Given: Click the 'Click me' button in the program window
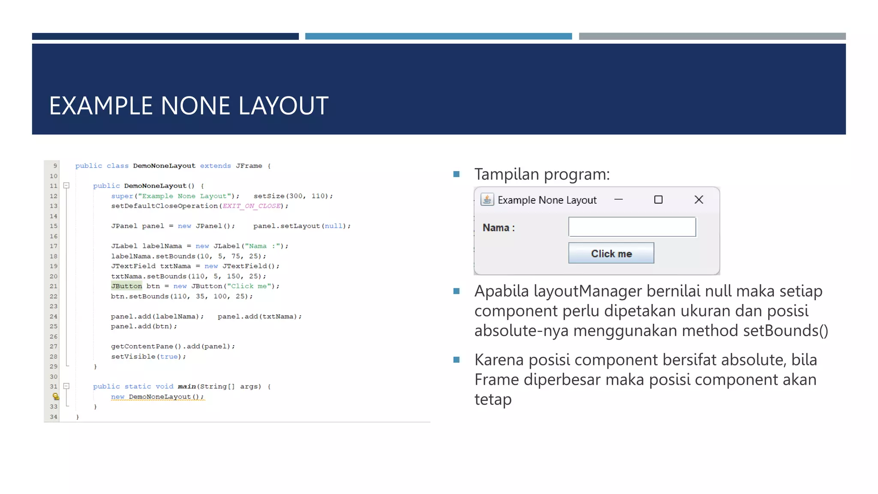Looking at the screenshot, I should tap(611, 253).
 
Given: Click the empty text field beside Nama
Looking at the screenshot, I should tap(632, 227).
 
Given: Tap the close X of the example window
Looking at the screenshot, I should tap(698, 199).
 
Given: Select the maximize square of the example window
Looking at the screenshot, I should tap(658, 199).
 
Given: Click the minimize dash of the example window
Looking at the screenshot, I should tap(618, 199).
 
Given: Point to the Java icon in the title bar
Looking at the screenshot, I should tap(487, 199).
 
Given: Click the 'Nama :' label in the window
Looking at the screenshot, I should tap(499, 228).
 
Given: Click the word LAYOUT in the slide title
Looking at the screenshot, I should tap(283, 106).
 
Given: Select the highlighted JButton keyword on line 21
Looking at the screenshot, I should tap(126, 286).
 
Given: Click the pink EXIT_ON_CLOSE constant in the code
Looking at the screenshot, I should tap(252, 206).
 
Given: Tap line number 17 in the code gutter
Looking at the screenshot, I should tap(53, 246).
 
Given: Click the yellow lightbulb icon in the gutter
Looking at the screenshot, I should tap(56, 396).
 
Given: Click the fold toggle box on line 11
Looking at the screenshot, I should tap(66, 186).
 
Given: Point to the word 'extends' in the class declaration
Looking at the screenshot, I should tap(215, 166).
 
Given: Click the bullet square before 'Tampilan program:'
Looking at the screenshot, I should tap(456, 174).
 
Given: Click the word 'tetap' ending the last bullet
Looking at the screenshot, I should tap(493, 399).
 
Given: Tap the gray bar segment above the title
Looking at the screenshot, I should tap(712, 36).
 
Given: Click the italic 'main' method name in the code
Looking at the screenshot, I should tap(186, 386).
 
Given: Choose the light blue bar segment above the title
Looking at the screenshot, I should tap(438, 36).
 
